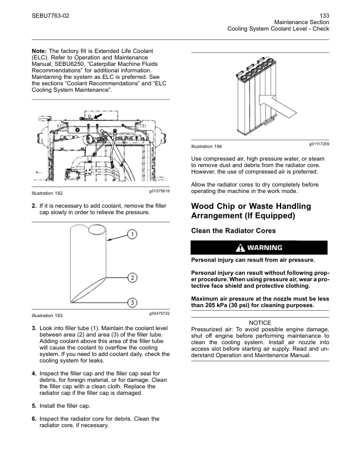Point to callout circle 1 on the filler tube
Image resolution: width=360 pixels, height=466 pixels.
pos(133,234)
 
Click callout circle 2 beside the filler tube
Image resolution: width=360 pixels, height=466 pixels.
pos(133,277)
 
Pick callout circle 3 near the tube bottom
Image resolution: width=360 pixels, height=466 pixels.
pos(133,302)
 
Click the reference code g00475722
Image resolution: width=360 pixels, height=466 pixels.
pos(159,314)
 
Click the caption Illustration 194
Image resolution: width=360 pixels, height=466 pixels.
pos(206,147)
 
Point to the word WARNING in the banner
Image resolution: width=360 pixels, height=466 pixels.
pos(265,248)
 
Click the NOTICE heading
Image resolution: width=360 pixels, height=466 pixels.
pos(260,322)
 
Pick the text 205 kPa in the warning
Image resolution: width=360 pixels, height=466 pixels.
pos(216,305)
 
